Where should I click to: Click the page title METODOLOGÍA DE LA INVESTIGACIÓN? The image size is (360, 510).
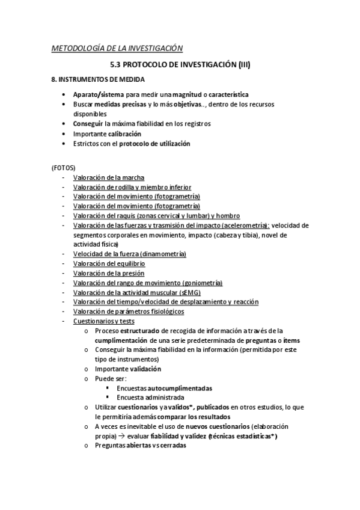pos(117,48)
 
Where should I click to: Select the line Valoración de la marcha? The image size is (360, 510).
pos(105,177)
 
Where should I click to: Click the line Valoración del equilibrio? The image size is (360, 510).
pos(109,263)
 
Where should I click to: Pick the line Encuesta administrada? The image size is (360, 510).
pos(150,398)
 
